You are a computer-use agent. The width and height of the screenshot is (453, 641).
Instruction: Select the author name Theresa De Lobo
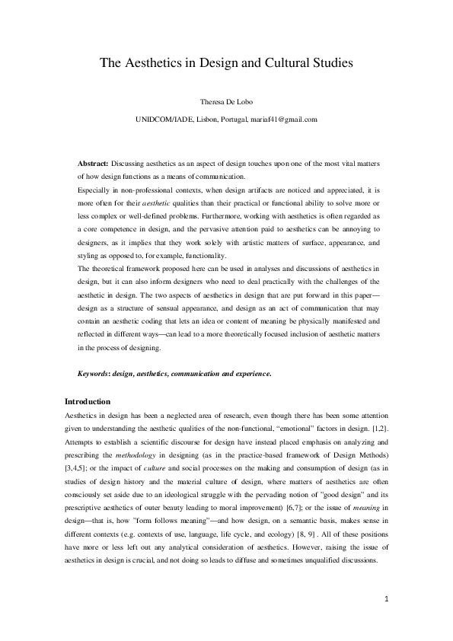[x=226, y=103]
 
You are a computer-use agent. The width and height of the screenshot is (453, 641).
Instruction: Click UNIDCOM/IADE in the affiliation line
[x=165, y=120]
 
